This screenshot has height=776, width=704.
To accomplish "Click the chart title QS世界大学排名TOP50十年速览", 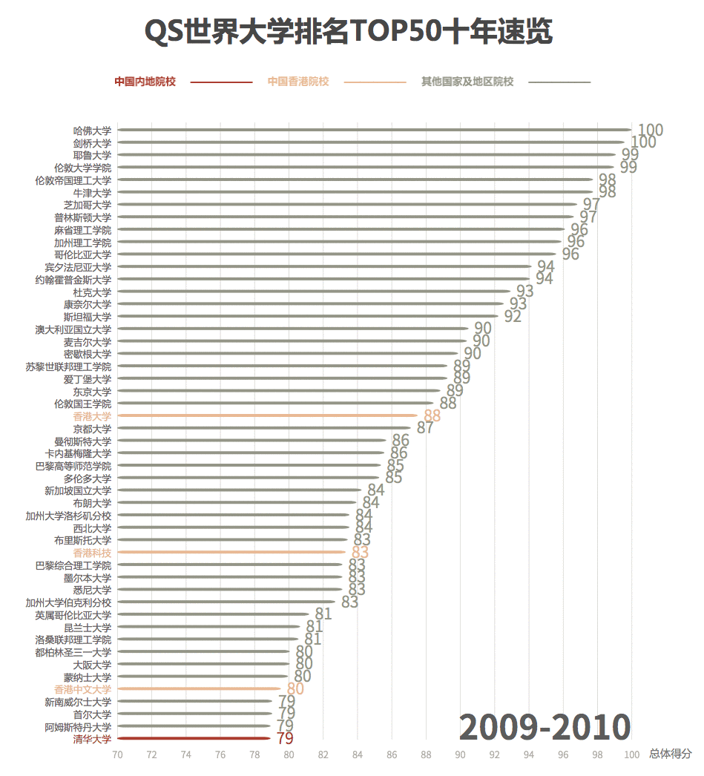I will point(348,32).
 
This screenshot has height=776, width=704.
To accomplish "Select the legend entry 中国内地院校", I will point(145,82).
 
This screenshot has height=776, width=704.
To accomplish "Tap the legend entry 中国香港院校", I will point(298,82).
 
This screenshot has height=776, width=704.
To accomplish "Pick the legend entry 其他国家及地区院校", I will point(467,82).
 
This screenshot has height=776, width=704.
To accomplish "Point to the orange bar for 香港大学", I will point(268,415).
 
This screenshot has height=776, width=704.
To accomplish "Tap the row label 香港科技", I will point(92,553).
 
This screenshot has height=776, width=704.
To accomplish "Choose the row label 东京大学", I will point(92,391).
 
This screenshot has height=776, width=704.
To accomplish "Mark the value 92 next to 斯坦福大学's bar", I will point(513,317).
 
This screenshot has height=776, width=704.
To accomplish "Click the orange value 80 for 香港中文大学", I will point(295,689).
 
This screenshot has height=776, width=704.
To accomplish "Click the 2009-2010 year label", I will point(545,728).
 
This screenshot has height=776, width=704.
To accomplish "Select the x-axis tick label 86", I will point(392,754).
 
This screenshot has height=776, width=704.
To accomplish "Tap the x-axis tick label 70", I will point(117,754).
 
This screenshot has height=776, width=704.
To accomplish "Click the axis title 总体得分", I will point(670,754).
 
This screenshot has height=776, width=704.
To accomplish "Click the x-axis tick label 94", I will point(529,754).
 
